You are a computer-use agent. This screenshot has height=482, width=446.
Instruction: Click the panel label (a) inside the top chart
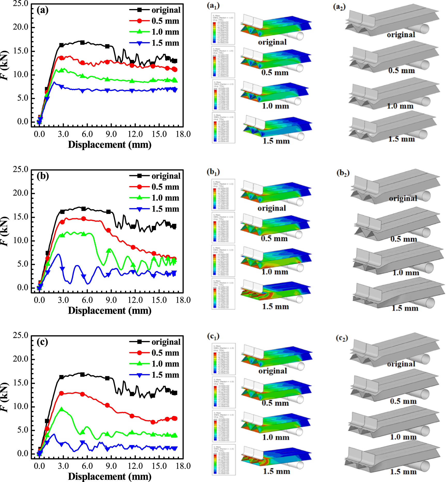click(42, 10)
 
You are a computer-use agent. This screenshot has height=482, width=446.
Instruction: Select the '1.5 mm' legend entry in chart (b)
click(165, 209)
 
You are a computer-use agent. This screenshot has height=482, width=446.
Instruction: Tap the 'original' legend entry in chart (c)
click(166, 342)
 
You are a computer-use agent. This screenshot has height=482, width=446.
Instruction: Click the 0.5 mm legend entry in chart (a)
click(165, 21)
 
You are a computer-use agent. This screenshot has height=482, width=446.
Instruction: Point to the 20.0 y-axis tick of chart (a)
click(20, 27)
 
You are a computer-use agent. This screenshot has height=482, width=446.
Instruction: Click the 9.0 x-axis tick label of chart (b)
click(111, 300)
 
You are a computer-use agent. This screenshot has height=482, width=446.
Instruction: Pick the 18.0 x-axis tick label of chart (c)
click(183, 466)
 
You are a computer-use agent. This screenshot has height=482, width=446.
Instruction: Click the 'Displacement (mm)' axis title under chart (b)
click(110, 311)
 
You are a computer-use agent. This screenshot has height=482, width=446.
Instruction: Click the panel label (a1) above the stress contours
click(213, 6)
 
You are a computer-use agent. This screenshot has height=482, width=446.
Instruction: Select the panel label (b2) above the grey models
click(343, 173)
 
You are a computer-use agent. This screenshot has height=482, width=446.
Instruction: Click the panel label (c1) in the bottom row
click(213, 336)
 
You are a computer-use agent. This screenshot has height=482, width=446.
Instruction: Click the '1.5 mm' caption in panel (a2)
click(401, 139)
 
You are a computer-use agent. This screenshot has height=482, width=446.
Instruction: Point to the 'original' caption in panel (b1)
click(271, 208)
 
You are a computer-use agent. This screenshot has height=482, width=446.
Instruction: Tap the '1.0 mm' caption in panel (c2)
click(403, 437)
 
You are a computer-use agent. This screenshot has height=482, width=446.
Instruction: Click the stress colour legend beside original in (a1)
click(223, 29)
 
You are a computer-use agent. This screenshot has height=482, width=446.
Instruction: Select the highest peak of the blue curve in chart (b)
click(59, 254)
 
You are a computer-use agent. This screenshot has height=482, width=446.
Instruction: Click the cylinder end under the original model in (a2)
click(424, 28)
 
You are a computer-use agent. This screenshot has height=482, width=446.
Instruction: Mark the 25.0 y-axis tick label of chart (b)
click(20, 169)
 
